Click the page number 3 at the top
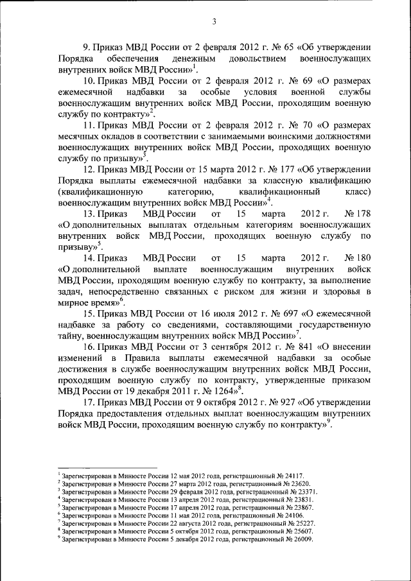[214, 22]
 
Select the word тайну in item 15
[71, 336]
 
